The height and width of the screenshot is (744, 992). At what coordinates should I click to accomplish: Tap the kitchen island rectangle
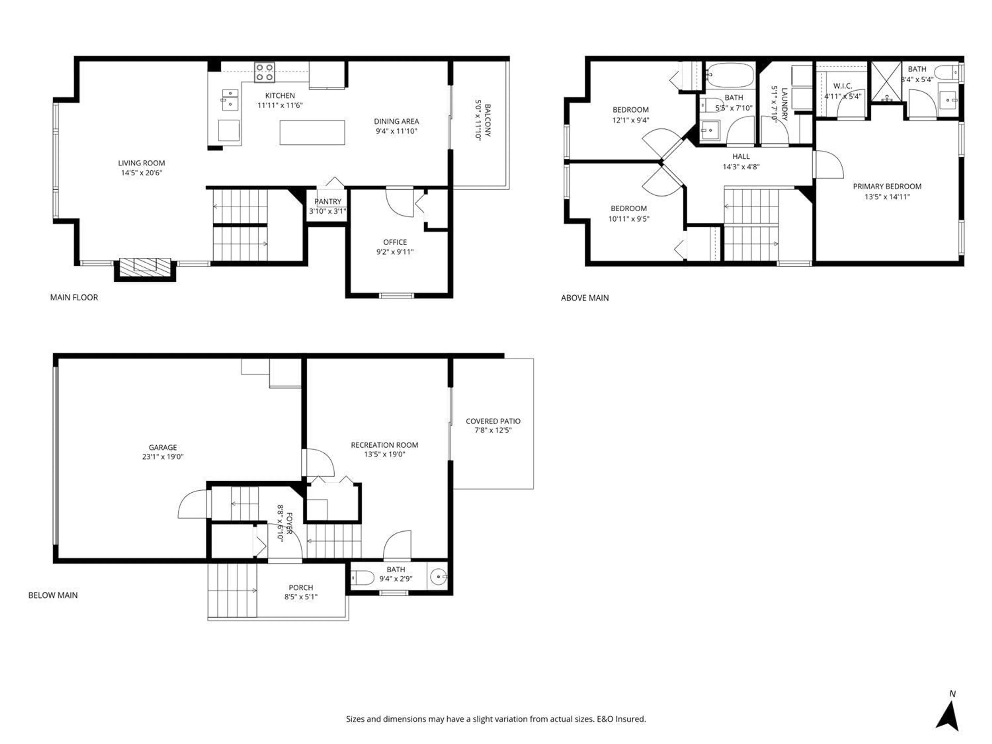pyautogui.click(x=312, y=132)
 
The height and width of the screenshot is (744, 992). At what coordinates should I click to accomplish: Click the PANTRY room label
pyautogui.click(x=327, y=201)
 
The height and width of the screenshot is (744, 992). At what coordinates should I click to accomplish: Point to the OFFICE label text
pyautogui.click(x=395, y=242)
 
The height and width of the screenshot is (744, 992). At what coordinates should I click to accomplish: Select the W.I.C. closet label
pyautogui.click(x=842, y=86)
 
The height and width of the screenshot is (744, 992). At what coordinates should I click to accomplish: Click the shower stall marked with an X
pyautogui.click(x=886, y=81)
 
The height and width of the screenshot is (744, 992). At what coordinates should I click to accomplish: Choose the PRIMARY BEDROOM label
pyautogui.click(x=887, y=186)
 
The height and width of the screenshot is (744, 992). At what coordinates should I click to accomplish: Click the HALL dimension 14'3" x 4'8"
pyautogui.click(x=741, y=167)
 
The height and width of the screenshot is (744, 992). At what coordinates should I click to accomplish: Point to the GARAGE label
pyautogui.click(x=163, y=447)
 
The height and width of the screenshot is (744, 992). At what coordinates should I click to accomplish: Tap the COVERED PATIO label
pyautogui.click(x=493, y=421)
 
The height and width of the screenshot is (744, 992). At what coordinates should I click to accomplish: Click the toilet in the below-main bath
pyautogui.click(x=362, y=578)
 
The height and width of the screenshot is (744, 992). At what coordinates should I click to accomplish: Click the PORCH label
pyautogui.click(x=300, y=587)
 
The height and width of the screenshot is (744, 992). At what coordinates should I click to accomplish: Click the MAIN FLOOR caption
pyautogui.click(x=74, y=297)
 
